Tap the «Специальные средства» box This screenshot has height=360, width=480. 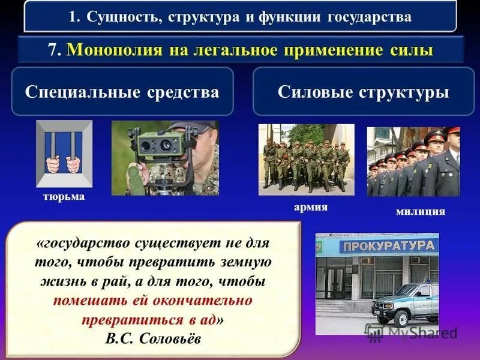point(122,92)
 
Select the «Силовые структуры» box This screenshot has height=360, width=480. point(364,92)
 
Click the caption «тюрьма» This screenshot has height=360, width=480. point(64,197)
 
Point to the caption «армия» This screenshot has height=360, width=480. point(311,207)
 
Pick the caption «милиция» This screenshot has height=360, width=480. point(421,211)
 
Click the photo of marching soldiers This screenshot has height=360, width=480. point(306,159)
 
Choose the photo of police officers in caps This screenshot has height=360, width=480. point(413,161)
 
